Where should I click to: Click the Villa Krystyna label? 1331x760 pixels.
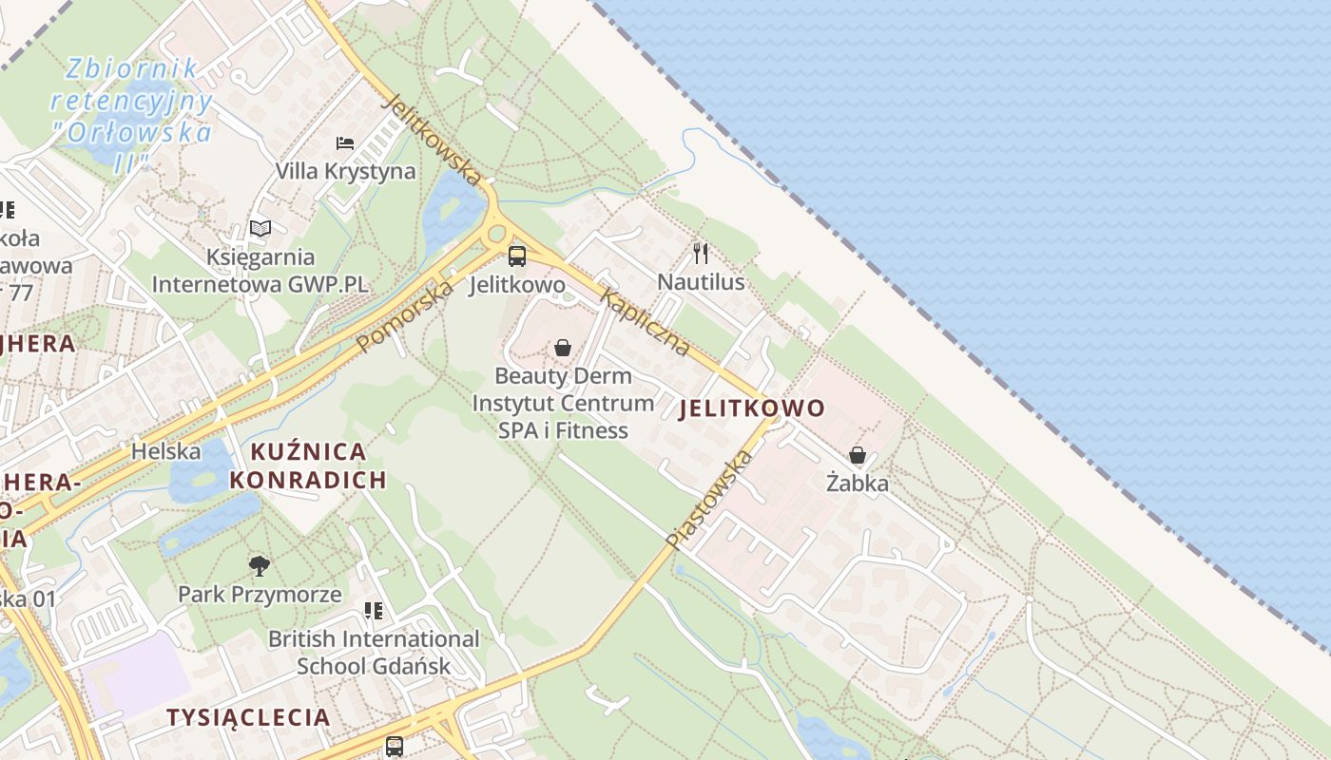coord(345,171)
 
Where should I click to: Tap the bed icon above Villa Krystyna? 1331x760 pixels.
coord(345,143)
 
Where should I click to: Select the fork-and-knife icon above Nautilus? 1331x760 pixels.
coord(702,253)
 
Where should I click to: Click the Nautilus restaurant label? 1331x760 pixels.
coord(702,282)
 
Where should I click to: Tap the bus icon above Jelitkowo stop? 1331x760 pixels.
coord(517,256)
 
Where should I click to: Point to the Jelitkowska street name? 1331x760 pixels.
coord(432,138)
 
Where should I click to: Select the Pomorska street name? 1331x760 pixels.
coord(406,317)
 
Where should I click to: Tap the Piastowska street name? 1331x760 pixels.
coord(709,499)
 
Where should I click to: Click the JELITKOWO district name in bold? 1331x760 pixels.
coord(752,408)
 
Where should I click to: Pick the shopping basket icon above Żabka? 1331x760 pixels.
coord(858,455)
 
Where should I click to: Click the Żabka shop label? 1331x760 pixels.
coord(858,483)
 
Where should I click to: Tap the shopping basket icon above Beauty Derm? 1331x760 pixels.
coord(563,348)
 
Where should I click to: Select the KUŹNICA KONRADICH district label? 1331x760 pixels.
coord(308,465)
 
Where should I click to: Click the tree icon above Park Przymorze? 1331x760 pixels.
coord(260,567)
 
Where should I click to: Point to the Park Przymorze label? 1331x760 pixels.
coord(260,595)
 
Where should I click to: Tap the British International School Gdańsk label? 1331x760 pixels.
coord(374,652)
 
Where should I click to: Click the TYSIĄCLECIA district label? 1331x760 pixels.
coord(248,717)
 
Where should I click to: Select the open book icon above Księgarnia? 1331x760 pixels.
coord(260,228)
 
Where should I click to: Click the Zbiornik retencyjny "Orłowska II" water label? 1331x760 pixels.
coord(131,114)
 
